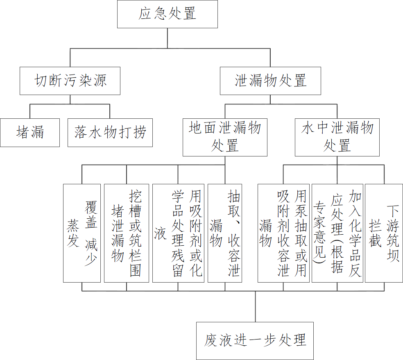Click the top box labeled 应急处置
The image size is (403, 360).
pos(167,14)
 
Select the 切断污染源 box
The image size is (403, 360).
pos(70,81)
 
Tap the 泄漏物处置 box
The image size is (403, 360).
pos(270,81)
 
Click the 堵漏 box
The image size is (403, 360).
pos(30,132)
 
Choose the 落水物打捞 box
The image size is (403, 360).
pos(110,132)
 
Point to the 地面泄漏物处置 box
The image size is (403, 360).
pos(225,137)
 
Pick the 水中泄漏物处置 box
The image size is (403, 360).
pos(337,137)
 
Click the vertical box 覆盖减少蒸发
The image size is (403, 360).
pos(82,233)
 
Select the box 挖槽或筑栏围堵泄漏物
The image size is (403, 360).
pos(126,233)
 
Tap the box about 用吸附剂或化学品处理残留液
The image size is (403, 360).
pos(178,233)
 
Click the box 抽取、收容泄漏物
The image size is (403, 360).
pos(225,233)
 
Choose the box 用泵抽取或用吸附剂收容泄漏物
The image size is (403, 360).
pos(283,233)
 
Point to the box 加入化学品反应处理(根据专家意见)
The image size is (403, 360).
pos(337,233)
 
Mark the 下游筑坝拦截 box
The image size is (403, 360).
pos(384,233)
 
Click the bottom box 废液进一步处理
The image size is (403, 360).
pos(255,341)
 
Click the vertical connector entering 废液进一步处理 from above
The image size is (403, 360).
pos(255,307)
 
